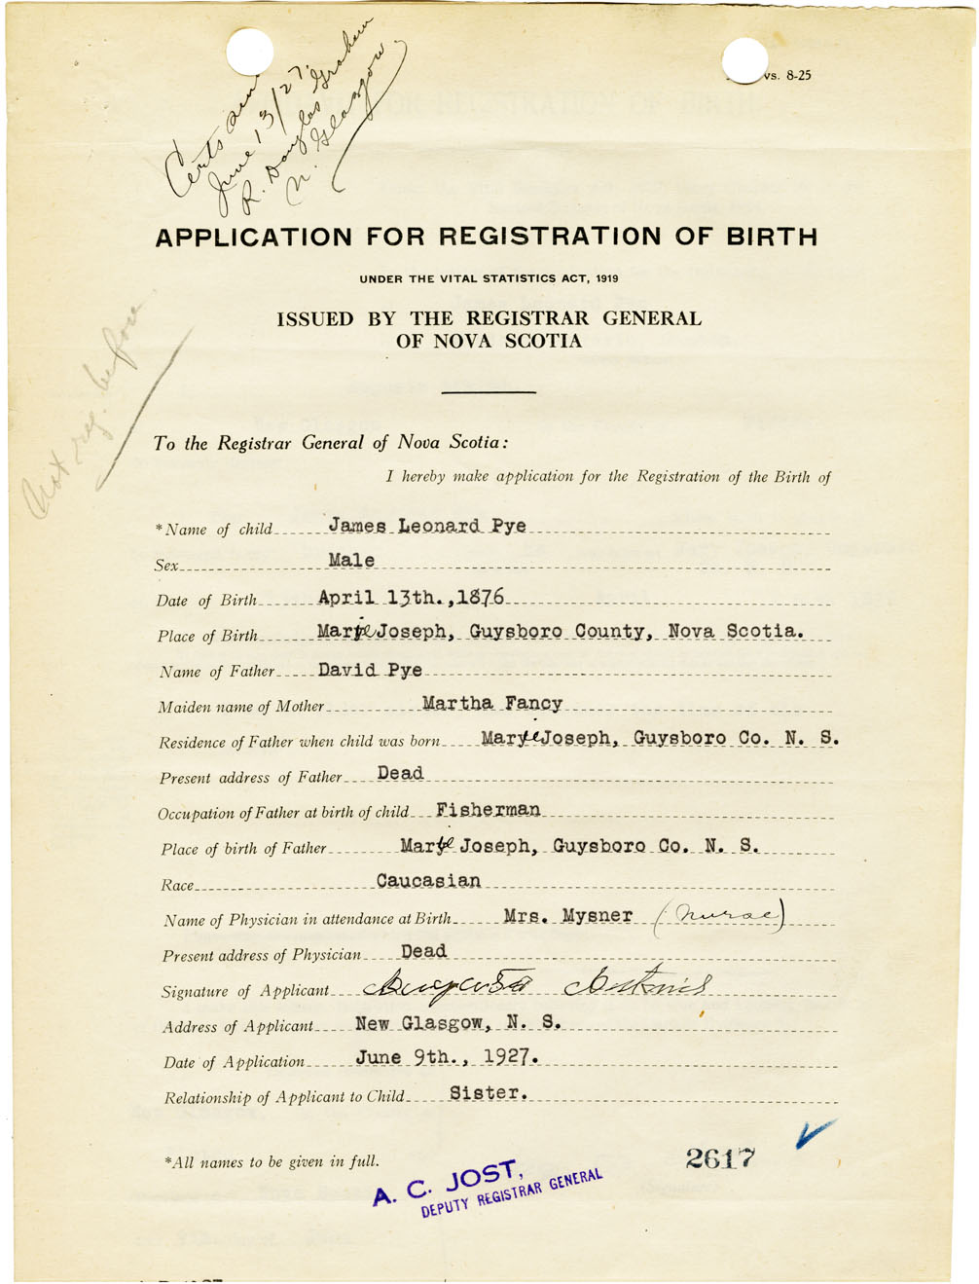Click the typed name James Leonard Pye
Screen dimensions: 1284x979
click(x=427, y=526)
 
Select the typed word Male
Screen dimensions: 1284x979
click(x=351, y=561)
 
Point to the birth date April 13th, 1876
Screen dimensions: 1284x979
click(x=411, y=597)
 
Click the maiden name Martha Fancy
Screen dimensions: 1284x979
click(x=491, y=703)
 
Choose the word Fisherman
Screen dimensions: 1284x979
click(x=488, y=810)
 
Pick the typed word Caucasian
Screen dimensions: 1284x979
click(x=428, y=881)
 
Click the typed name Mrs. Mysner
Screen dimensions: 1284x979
click(x=568, y=916)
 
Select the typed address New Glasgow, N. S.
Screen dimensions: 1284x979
click(x=458, y=1023)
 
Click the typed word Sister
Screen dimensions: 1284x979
click(x=489, y=1093)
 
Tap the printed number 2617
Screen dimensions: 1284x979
click(x=720, y=1157)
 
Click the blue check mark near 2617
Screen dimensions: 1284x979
click(x=814, y=1132)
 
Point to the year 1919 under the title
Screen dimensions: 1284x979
click(x=607, y=279)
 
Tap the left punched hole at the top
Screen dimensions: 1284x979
click(x=250, y=51)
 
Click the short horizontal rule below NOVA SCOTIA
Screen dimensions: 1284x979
click(x=489, y=391)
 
